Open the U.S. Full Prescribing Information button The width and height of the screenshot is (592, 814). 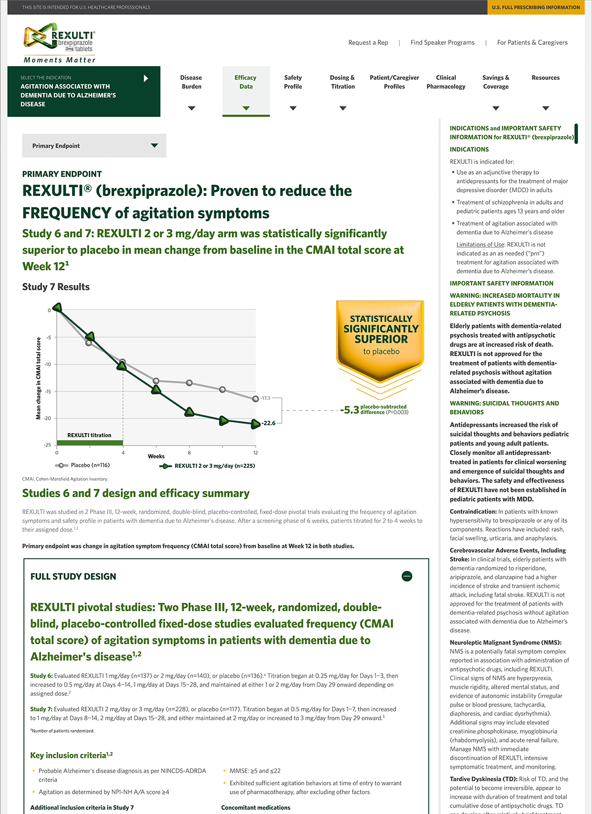(x=536, y=7)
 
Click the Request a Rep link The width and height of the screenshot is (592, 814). (x=368, y=42)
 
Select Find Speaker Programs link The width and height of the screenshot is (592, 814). (x=443, y=42)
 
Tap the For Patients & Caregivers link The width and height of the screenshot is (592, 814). (x=532, y=42)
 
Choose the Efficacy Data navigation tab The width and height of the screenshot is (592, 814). (x=246, y=82)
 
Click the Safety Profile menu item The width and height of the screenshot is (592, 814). (x=293, y=82)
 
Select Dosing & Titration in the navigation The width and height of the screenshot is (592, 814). (x=342, y=82)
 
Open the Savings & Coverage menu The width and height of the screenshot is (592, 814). (x=496, y=82)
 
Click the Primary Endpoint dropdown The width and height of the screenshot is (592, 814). (x=94, y=146)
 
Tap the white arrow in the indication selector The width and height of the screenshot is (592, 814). (x=146, y=78)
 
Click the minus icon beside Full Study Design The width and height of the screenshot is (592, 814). (x=407, y=576)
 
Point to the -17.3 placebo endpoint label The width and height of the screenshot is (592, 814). (x=265, y=398)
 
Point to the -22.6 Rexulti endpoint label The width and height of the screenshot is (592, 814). (x=268, y=423)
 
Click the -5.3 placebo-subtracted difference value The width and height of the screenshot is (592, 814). (x=350, y=410)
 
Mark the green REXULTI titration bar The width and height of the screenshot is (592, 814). (x=90, y=443)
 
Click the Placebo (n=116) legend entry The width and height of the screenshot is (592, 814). (x=83, y=465)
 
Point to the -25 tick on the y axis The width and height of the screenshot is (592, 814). (x=47, y=445)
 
